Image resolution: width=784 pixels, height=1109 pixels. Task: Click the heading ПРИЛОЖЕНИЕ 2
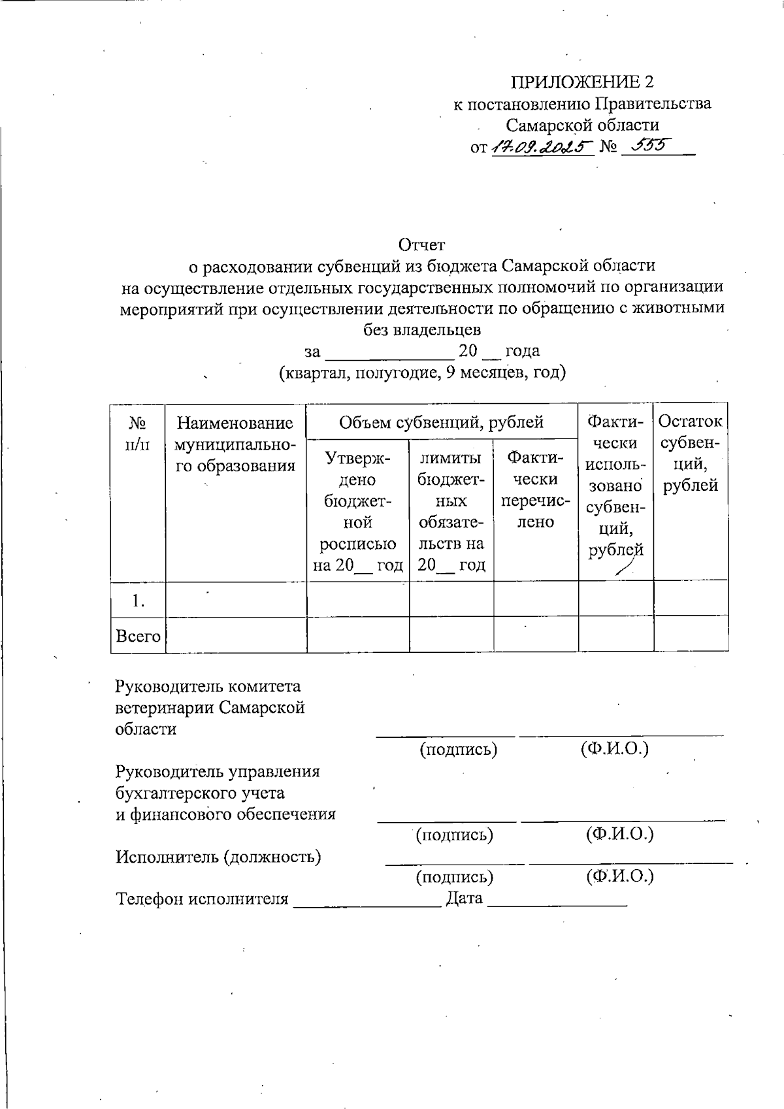coord(581,82)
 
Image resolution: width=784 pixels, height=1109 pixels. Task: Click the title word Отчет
coord(422,244)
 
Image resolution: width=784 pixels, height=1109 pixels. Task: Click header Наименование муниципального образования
coord(236,444)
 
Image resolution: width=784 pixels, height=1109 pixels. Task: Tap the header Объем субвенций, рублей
coord(442,422)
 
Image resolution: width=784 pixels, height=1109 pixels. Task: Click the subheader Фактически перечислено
coord(536,489)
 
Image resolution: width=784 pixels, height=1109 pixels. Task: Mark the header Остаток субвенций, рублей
coord(691,454)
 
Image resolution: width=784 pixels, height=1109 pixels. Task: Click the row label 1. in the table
coord(138,601)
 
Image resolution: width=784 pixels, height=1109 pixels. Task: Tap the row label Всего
coord(138,635)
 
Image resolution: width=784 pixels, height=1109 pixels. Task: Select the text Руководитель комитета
coord(208,686)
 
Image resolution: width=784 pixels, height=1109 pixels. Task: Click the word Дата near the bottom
coord(464,898)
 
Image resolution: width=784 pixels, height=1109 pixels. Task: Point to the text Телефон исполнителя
coord(202,899)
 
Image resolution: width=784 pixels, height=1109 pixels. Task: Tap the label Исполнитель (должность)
coord(218,856)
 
